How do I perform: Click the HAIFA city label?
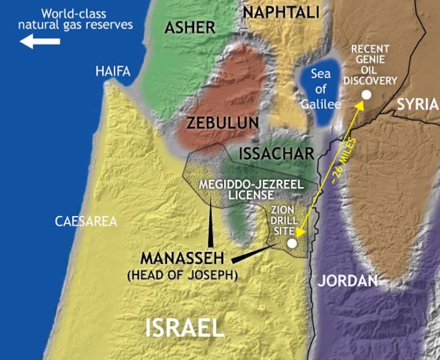tap(113, 71)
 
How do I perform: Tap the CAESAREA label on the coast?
tap(86, 221)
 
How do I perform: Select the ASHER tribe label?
tap(190, 27)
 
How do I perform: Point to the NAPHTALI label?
tap(281, 11)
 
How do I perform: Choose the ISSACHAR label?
tap(276, 154)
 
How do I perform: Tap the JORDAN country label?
tap(347, 281)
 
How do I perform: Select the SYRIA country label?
tap(417, 103)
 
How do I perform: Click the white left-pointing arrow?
tap(39, 41)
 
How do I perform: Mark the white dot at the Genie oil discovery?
tap(366, 94)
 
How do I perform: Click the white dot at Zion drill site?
tap(292, 243)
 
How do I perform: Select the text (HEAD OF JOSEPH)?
tap(183, 275)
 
